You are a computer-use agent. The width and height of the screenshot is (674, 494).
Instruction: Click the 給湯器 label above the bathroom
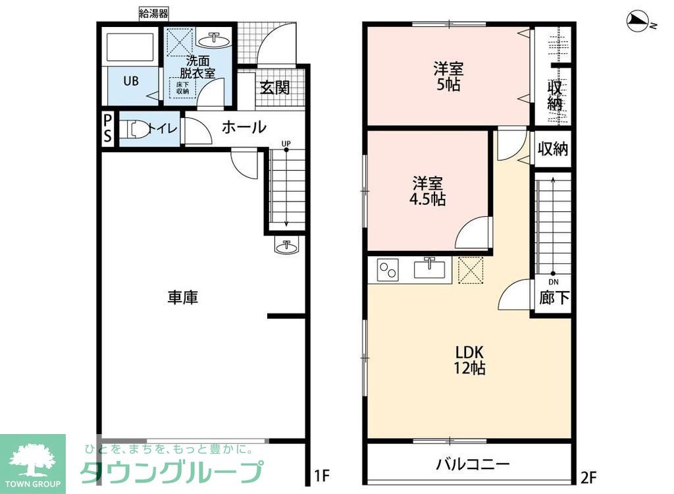[x=154, y=13]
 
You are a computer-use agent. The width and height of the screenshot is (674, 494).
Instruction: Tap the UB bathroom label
[x=131, y=81]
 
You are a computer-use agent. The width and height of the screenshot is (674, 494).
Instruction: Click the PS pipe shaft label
[x=107, y=128]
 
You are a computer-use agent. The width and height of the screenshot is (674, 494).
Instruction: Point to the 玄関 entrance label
[x=274, y=87]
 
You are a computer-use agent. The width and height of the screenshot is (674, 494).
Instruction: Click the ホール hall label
[x=244, y=127]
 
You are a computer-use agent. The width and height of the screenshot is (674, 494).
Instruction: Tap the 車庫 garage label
[x=182, y=298]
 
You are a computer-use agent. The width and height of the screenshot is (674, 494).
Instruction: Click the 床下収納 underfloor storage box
[x=183, y=87]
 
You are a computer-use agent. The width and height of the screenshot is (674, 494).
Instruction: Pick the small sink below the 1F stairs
[x=286, y=246]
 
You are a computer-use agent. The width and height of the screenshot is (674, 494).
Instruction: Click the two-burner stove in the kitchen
[x=388, y=269]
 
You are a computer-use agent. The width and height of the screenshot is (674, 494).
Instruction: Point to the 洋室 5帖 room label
[x=448, y=76]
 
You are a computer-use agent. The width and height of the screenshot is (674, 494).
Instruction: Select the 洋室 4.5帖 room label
[x=429, y=190]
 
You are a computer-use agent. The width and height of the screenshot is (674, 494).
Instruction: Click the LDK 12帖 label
[x=469, y=360]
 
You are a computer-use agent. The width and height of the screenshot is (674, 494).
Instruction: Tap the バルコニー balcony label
[x=472, y=464]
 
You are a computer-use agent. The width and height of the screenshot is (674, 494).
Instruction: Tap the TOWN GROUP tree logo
[x=32, y=458]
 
